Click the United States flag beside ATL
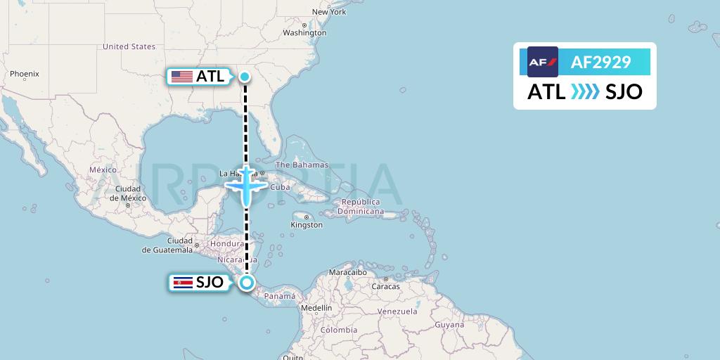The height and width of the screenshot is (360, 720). point(181,77)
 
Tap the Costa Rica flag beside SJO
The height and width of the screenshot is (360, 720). point(182,283)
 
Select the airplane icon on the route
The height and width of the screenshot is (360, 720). point(246,186)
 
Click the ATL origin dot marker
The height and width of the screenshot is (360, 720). point(245,77)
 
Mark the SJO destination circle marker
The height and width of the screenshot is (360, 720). point(247,283)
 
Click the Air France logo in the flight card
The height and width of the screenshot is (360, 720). point(543,62)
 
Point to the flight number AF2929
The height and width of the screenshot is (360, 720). point(600,63)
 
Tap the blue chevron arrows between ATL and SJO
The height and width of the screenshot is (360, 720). point(585,92)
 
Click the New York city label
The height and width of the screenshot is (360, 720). point(329,12)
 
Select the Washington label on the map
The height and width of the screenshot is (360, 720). point(304,33)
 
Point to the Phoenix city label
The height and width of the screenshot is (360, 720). point(25,74)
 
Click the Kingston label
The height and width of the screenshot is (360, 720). point(307,225)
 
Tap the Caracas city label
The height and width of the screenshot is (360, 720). point(385,287)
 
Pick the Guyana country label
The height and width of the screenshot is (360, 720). point(449,325)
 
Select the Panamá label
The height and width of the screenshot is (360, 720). point(279,296)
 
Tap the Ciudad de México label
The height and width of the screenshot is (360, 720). point(128,193)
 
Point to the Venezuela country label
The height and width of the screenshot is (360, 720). point(397,311)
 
